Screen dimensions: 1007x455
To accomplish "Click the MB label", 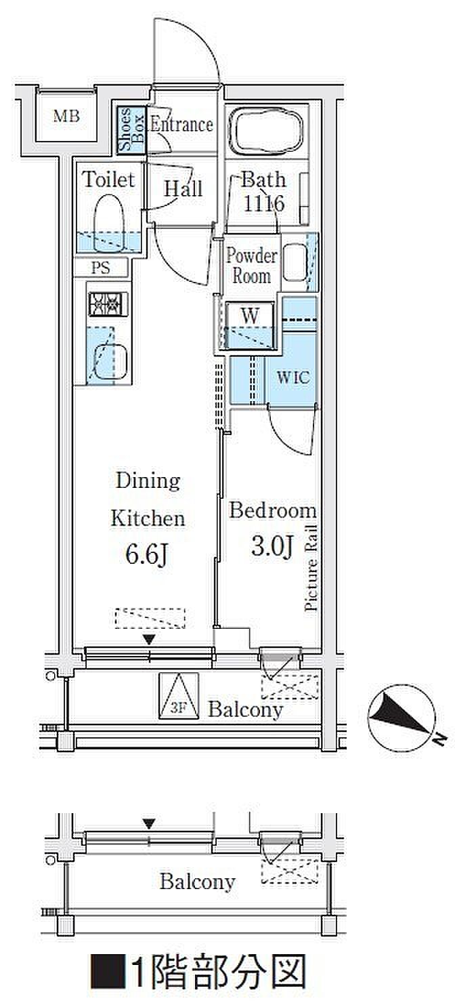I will tap(67, 116).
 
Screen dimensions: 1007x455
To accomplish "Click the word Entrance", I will tap(181, 125).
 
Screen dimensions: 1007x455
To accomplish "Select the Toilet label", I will tap(108, 180).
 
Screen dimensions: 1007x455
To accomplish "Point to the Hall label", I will tap(183, 188).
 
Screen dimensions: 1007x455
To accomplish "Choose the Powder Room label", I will tap(251, 266).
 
